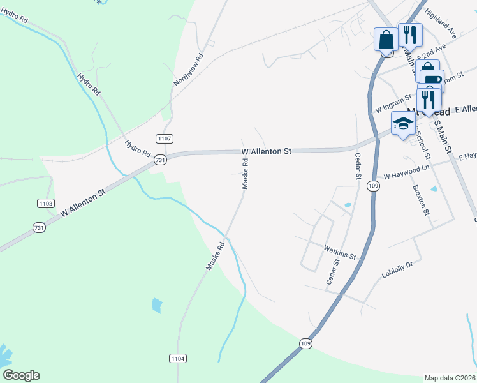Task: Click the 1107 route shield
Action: point(164,139)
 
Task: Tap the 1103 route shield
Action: point(45,203)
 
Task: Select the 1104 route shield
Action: point(178,359)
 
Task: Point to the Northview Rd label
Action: point(189,70)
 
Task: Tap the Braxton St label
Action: point(421,200)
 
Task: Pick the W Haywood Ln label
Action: point(404,172)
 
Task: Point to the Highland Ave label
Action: point(442,25)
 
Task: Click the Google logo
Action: point(21,375)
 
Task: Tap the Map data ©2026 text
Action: point(450,378)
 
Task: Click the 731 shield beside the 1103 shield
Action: point(40,227)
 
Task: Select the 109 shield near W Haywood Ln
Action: point(373,185)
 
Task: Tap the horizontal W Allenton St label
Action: point(266,151)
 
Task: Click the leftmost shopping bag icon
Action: point(386,39)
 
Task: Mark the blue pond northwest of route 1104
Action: point(157,305)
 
